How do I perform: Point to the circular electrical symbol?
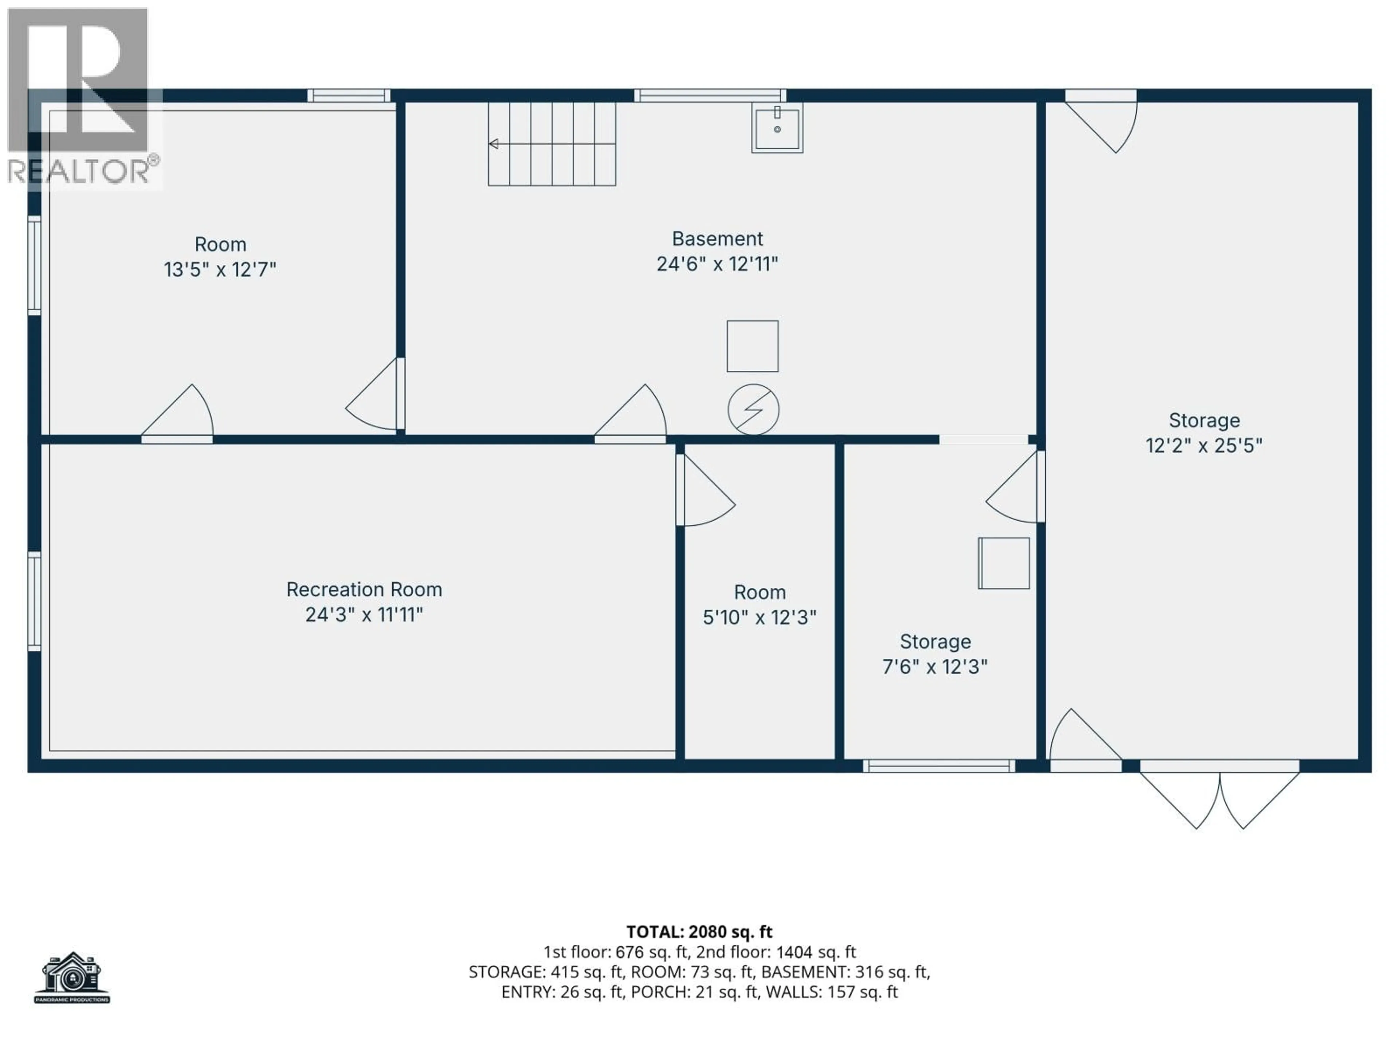click(x=753, y=409)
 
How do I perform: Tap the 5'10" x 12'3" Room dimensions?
click(x=760, y=617)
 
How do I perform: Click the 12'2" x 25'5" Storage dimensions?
click(x=1204, y=446)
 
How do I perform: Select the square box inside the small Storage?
click(x=1004, y=563)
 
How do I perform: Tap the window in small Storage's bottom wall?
click(x=938, y=766)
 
